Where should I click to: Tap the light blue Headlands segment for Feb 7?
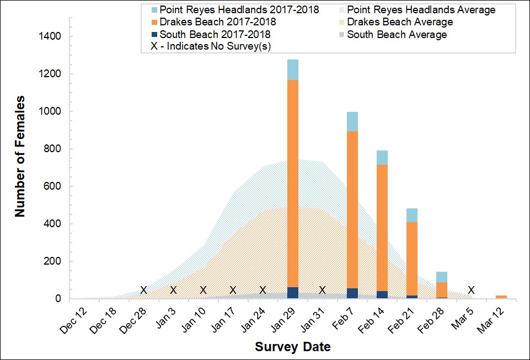pyautogui.click(x=352, y=121)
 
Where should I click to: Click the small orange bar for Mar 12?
pyautogui.click(x=501, y=297)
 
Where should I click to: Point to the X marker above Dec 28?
pyautogui.click(x=143, y=290)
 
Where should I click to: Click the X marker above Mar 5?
pyautogui.click(x=471, y=290)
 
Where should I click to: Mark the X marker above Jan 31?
pyautogui.click(x=323, y=290)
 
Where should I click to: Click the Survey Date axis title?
pyautogui.click(x=293, y=347)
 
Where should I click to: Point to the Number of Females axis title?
pyautogui.click(x=20, y=157)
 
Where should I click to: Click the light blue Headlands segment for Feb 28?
pyautogui.click(x=441, y=277)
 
